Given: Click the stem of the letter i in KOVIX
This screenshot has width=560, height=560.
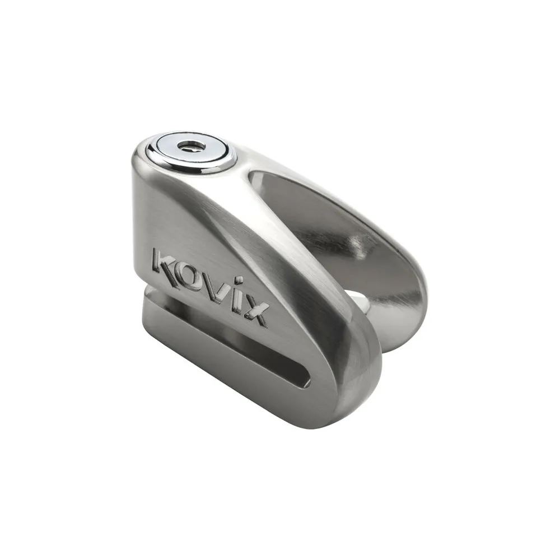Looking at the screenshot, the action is point(235,304).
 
